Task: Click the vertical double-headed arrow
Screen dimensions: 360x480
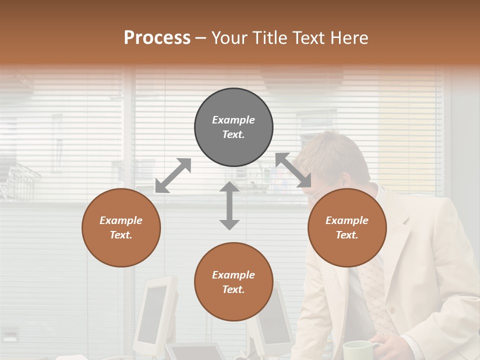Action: pyautogui.click(x=229, y=205)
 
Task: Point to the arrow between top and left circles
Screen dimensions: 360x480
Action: pyautogui.click(x=173, y=175)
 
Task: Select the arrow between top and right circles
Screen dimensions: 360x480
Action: pyautogui.click(x=293, y=170)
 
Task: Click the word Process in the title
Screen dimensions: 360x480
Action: pyautogui.click(x=157, y=37)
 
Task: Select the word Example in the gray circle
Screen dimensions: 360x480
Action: pyautogui.click(x=233, y=120)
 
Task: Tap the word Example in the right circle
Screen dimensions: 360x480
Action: pyautogui.click(x=347, y=220)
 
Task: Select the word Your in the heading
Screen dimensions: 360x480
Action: pyautogui.click(x=229, y=37)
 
